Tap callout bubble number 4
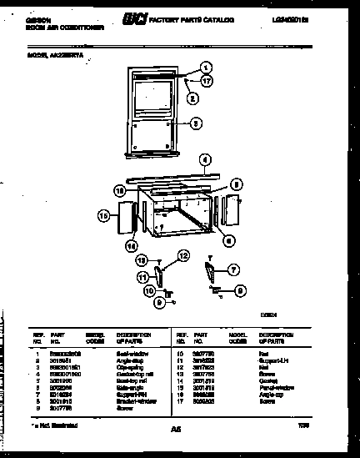pyautogui.click(x=202, y=159)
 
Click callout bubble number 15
pyautogui.click(x=103, y=216)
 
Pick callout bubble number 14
pyautogui.click(x=130, y=245)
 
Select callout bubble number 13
pyautogui.click(x=142, y=259)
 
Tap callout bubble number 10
pyautogui.click(x=148, y=291)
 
